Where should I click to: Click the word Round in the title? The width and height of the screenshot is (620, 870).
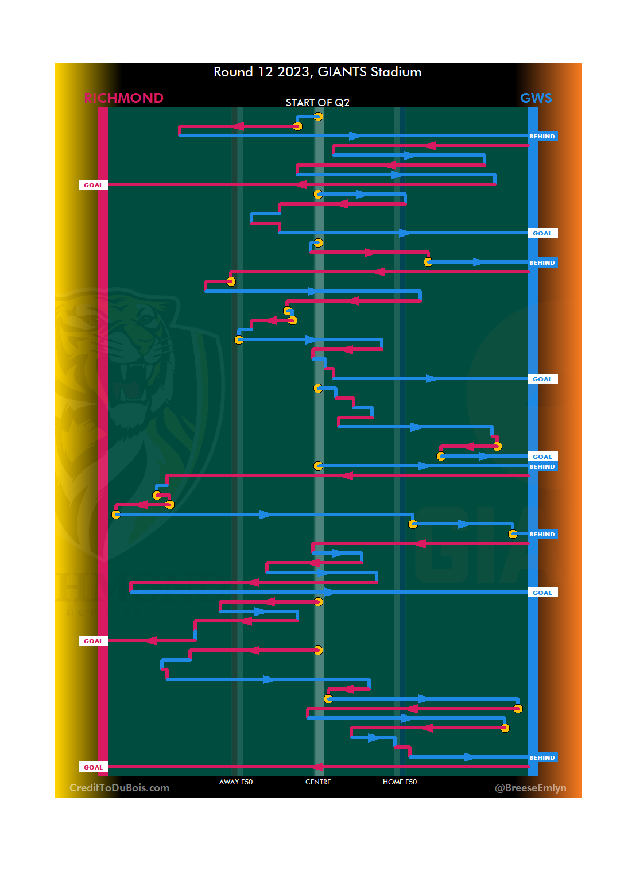233,72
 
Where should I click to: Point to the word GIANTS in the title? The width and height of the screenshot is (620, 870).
342,72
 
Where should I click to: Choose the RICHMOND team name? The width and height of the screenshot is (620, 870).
123,98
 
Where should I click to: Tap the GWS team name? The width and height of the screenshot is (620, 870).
536,98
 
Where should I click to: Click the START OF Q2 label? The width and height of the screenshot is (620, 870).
317,103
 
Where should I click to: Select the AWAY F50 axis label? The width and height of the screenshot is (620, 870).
236,782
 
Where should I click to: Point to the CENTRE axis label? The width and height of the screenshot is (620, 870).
318,782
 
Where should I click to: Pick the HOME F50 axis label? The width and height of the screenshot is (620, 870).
400,782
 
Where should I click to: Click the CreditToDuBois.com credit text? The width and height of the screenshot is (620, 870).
119,788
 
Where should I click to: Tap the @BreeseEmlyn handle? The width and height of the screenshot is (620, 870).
530,788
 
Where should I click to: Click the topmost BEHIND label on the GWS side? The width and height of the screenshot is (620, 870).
542,137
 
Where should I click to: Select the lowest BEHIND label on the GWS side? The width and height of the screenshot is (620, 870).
542,758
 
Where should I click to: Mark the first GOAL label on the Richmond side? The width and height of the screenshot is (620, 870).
93,185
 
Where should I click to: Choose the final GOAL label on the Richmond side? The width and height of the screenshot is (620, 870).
93,767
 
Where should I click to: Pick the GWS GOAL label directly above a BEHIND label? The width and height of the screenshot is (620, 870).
542,457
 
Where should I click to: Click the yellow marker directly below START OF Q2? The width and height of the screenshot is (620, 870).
318,117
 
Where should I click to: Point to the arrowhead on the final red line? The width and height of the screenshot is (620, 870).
318,767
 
